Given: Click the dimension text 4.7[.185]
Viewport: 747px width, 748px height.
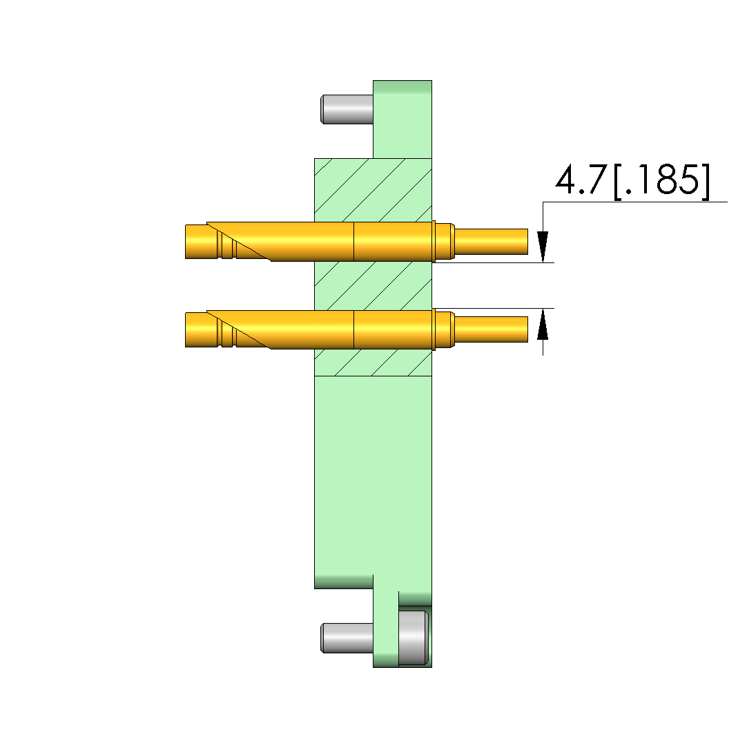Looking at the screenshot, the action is pyautogui.click(x=633, y=181).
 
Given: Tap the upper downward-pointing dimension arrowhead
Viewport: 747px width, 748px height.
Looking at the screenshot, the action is pyautogui.click(x=543, y=247).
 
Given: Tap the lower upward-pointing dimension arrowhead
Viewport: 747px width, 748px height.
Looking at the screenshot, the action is pyautogui.click(x=543, y=324).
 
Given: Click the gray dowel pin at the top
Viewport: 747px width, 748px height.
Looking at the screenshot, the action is pyautogui.click(x=347, y=109).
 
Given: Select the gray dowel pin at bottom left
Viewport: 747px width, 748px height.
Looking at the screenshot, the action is pyautogui.click(x=347, y=637).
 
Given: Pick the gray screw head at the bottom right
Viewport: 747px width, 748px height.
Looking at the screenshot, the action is pyautogui.click(x=414, y=637).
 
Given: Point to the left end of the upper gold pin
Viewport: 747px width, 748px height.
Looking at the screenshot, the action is pyautogui.click(x=186, y=241).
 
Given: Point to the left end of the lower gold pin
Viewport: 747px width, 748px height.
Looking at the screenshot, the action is pyautogui.click(x=186, y=329).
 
